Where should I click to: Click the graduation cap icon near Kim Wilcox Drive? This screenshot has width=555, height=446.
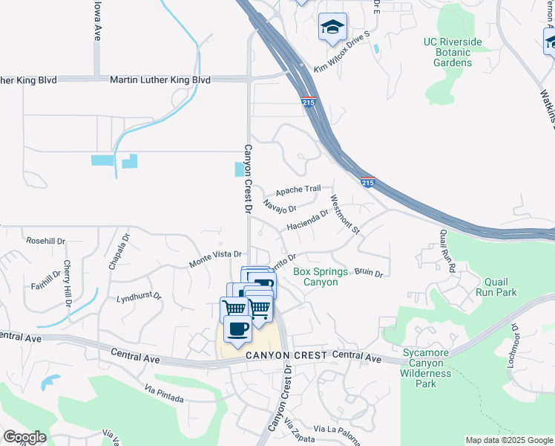click(332, 28)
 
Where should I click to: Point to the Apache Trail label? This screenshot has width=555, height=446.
click(298, 190)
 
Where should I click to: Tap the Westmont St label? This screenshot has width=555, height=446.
click(344, 215)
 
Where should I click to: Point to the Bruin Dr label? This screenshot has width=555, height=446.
click(368, 273)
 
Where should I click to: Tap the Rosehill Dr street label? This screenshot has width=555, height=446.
click(46, 242)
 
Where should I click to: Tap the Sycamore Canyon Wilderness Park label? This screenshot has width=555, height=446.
click(426, 368)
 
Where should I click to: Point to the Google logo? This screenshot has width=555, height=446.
click(24, 437)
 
